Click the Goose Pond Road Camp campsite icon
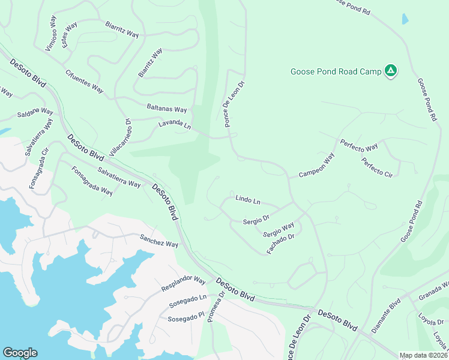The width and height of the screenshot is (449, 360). click(x=391, y=71)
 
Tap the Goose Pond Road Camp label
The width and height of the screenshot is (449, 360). click(x=336, y=71)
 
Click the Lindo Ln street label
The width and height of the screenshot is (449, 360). click(x=248, y=199)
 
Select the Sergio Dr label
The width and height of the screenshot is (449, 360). click(x=256, y=221)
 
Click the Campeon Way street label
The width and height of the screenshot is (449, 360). click(x=316, y=166)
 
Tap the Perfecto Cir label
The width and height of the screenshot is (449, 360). click(x=377, y=167)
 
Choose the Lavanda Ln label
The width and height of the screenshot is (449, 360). click(x=174, y=125)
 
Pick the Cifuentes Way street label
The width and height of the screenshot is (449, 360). click(x=85, y=81)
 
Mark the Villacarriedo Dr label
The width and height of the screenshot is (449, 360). click(x=119, y=138)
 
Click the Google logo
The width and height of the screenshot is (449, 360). click(x=20, y=353)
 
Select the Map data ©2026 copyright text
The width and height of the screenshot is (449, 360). click(x=424, y=355)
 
